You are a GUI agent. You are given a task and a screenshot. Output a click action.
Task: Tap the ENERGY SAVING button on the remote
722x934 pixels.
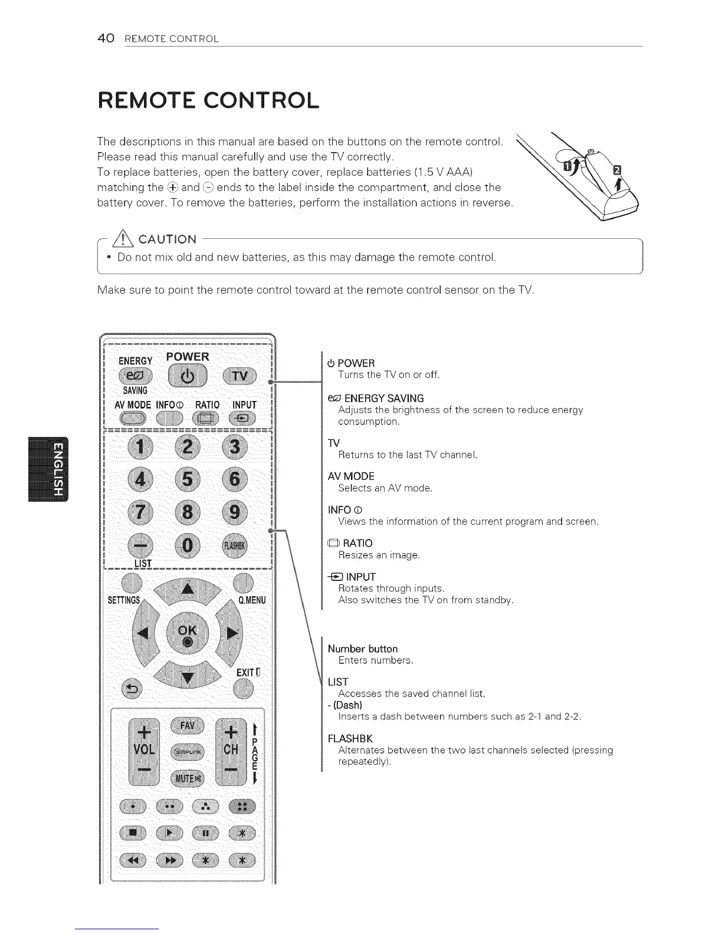click(x=135, y=376)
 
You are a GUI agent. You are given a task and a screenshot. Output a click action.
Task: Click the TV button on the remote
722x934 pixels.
click(x=240, y=376)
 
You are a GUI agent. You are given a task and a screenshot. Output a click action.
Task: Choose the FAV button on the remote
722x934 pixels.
click(x=187, y=725)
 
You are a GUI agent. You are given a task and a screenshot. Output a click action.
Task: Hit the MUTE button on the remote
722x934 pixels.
click(x=187, y=778)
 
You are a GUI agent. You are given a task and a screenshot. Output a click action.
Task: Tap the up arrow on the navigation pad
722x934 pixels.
click(x=188, y=590)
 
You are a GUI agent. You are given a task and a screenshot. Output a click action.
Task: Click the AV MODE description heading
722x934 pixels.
click(x=351, y=476)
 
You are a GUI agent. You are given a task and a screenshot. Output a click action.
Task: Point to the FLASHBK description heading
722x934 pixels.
click(x=350, y=738)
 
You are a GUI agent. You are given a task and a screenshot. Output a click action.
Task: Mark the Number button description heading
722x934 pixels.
click(x=363, y=649)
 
